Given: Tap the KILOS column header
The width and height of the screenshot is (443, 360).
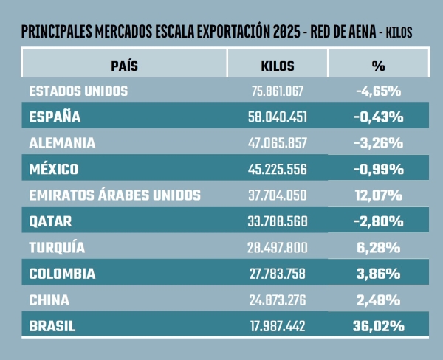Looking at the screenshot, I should (278, 66).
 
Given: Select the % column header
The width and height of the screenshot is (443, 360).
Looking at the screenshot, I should (378, 66).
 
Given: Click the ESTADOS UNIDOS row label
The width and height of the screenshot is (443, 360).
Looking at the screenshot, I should (79, 91).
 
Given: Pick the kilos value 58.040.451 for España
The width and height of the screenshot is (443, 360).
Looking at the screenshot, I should (278, 117).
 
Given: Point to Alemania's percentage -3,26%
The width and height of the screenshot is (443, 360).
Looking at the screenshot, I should (378, 142).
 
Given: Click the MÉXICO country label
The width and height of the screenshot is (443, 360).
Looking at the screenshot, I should (54, 169).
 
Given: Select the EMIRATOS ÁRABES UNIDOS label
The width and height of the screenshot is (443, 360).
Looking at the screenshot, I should (114, 195).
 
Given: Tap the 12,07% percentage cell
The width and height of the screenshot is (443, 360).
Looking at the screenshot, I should (378, 195).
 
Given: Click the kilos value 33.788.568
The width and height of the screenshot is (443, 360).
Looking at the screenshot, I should (278, 221).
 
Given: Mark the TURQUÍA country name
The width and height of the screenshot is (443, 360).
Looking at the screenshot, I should (57, 247).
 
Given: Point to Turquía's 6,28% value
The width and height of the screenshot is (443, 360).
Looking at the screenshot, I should (378, 247).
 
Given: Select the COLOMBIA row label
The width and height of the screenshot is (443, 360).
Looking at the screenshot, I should (63, 274).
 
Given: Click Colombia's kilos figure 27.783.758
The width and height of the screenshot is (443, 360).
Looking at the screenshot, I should (278, 274).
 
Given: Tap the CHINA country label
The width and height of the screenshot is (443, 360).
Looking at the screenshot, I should (49, 300).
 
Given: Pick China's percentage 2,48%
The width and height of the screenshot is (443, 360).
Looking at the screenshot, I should (378, 300).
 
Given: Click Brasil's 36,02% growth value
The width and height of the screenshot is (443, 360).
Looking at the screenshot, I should (378, 325).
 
